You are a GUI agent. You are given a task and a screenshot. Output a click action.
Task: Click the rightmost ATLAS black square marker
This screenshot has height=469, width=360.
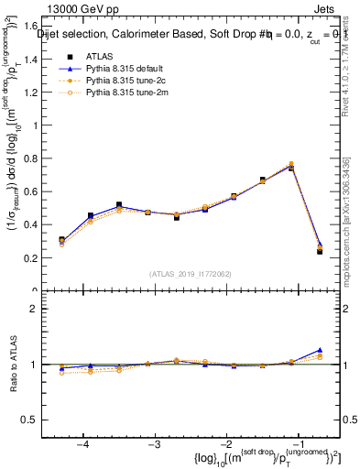coord(320,251)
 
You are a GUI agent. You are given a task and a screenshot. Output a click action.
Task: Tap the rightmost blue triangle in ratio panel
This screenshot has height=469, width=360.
coord(320,350)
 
